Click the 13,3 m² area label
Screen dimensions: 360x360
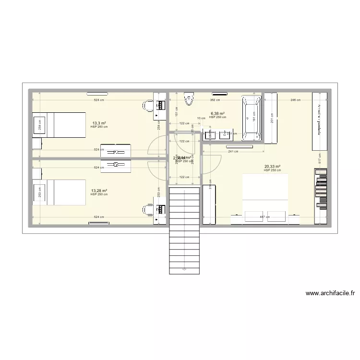[x=99, y=123]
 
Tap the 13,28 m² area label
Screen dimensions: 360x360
[x=99, y=191]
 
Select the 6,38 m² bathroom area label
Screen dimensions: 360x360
[x=217, y=114]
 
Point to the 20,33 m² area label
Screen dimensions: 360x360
[x=272, y=167]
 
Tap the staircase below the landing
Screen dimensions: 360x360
[x=184, y=230]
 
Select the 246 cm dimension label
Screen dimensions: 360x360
[x=295, y=100]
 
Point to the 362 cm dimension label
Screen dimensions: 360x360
[x=215, y=100]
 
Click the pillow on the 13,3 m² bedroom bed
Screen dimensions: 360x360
[x=39, y=124]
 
